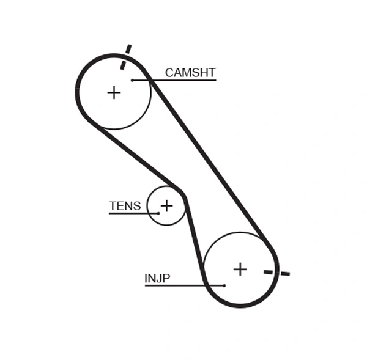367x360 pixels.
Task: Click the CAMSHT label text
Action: pyautogui.click(x=190, y=73)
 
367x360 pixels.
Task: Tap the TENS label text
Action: pyautogui.click(x=125, y=206)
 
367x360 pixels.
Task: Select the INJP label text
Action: pyautogui.click(x=157, y=279)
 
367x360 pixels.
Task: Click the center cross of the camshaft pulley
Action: pyautogui.click(x=114, y=92)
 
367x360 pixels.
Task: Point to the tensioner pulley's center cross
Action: pyautogui.click(x=166, y=206)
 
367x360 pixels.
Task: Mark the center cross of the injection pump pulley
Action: pyautogui.click(x=240, y=269)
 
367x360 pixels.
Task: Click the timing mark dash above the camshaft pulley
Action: pyautogui.click(x=125, y=57)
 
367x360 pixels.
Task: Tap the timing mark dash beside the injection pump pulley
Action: pyautogui.click(x=276, y=272)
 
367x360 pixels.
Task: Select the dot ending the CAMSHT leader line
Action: pyautogui.click(x=132, y=80)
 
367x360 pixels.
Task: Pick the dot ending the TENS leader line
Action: pyautogui.click(x=158, y=213)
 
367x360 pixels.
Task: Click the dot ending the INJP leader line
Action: pyautogui.click(x=224, y=285)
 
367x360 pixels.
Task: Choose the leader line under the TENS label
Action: pyautogui.click(x=132, y=213)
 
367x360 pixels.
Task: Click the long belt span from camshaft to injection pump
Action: pyautogui.click(x=208, y=159)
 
